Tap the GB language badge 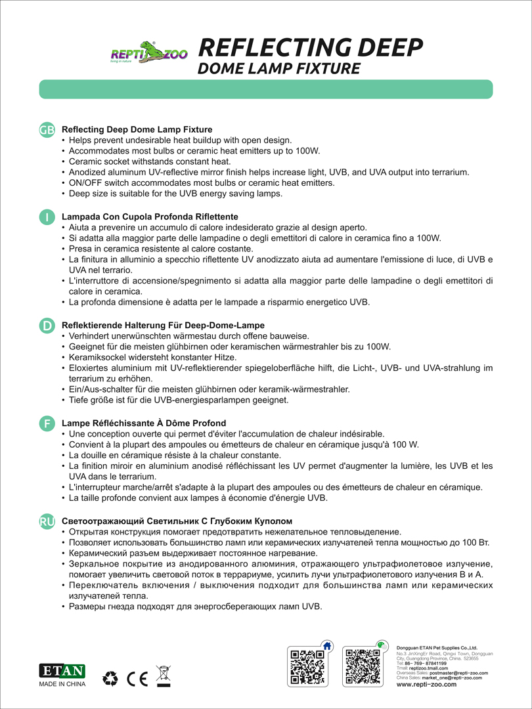coord(47,130)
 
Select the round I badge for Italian coord(47,217)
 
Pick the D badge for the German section coord(47,326)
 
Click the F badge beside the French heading coord(47,423)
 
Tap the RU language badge coord(47,521)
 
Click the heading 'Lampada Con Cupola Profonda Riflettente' coord(150,217)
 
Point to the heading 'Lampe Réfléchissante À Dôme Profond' coord(143,423)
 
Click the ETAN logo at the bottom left coord(63,671)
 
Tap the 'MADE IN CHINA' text coord(63,684)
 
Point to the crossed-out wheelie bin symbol coord(163,676)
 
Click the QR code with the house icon coord(307,666)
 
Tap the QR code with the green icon coord(363,666)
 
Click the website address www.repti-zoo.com coord(427,684)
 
